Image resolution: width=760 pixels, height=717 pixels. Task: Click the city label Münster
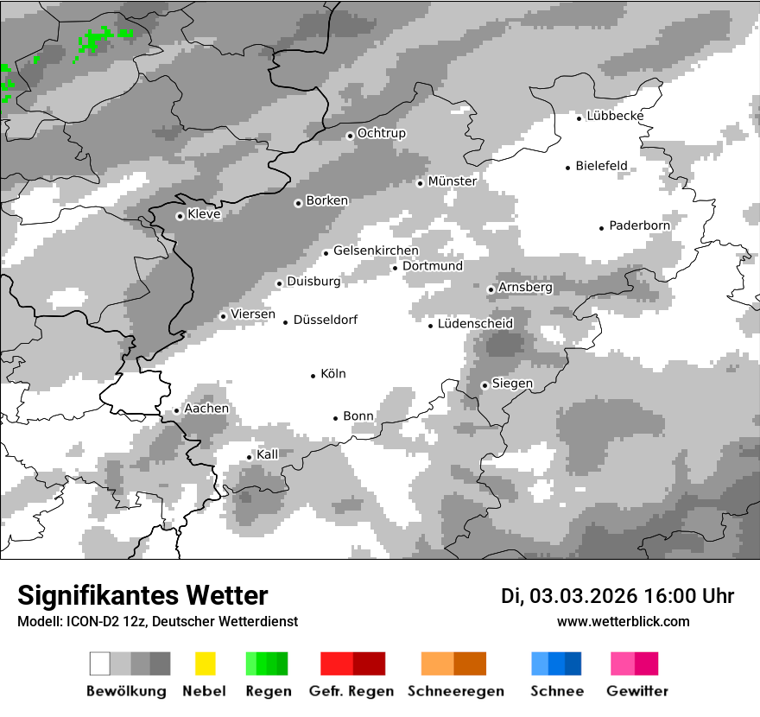pos(452,181)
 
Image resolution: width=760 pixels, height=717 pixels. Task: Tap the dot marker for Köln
pos(313,376)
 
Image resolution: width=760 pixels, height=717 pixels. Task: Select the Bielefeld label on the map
pos(601,166)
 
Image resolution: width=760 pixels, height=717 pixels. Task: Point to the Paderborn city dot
pos(602,228)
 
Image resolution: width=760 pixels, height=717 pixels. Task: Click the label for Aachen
pos(206,409)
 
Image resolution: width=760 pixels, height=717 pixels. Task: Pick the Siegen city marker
pos(485,386)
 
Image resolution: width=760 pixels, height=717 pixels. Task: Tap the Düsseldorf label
pos(325,320)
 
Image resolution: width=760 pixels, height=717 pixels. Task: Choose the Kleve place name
pos(204,214)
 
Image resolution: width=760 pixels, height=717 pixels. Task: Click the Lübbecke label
pos(615,116)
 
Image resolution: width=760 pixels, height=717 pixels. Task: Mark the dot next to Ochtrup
pos(350,136)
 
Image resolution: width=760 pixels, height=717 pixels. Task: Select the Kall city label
pos(268,454)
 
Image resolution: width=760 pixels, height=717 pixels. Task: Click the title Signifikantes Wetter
pos(142,595)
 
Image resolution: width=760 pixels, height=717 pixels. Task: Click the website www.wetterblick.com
pos(624,621)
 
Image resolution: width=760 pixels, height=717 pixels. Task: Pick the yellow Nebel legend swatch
pos(205,663)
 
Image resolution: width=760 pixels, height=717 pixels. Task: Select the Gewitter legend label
pos(637,691)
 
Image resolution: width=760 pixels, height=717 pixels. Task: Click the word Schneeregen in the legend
pos(455,691)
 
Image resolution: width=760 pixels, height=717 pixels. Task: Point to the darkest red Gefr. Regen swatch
pos(369,663)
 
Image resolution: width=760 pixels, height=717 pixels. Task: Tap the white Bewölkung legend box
pos(100,663)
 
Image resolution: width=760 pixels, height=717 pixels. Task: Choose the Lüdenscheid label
pos(475,324)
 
